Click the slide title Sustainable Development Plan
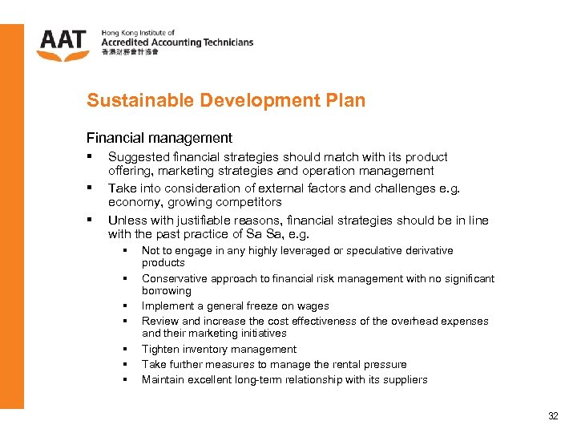point(226,100)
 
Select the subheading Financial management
point(159,138)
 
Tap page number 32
point(552,416)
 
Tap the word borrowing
point(166,290)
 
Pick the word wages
point(313,306)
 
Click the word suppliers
point(406,380)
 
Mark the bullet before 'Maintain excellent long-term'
point(126,380)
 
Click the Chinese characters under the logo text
point(130,52)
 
